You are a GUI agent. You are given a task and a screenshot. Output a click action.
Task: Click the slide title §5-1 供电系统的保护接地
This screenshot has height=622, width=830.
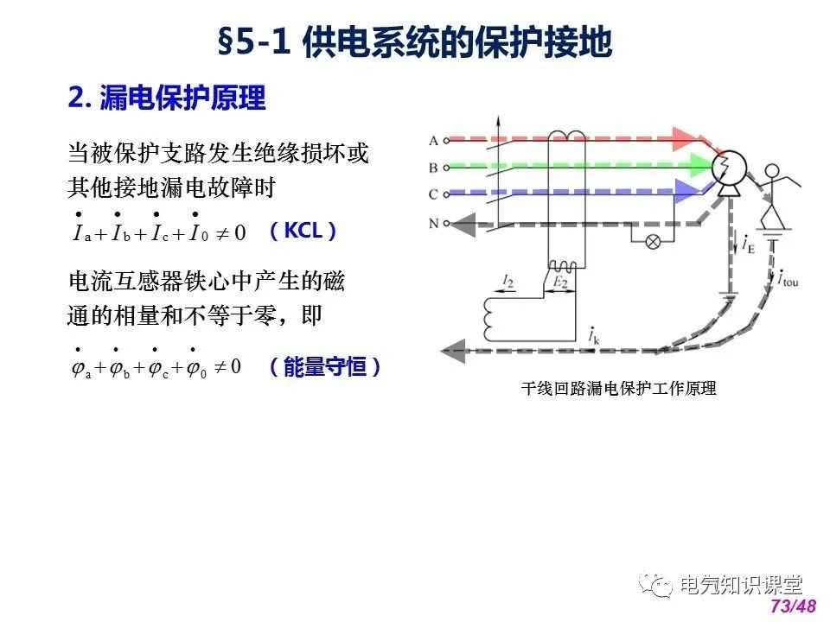[x=415, y=41]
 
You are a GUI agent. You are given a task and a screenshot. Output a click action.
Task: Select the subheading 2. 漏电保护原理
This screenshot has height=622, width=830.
[x=167, y=98]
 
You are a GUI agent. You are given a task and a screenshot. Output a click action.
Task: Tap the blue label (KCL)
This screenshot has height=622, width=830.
[x=303, y=231]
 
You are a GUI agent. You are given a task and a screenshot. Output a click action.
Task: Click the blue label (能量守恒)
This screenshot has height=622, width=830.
[x=324, y=366]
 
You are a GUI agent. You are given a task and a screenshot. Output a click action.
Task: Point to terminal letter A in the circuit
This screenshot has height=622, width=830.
[x=433, y=141]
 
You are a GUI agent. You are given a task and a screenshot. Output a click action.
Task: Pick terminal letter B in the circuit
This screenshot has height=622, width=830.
[x=433, y=168]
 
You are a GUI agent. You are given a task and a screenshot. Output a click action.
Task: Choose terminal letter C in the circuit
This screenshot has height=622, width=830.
[x=433, y=194]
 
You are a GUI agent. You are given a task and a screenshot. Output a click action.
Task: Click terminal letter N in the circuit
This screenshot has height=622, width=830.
[x=433, y=223]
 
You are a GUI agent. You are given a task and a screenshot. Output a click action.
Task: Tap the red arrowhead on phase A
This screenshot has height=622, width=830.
[x=686, y=139]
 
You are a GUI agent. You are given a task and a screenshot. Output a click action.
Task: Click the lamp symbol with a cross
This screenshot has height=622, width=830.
[x=654, y=242]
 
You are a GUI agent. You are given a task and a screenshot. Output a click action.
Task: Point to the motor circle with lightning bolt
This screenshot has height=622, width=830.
[x=729, y=168]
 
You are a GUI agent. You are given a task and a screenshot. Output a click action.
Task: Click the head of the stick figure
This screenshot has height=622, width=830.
[x=772, y=171]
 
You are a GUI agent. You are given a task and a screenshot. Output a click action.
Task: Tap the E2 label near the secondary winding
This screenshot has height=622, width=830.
[x=560, y=282]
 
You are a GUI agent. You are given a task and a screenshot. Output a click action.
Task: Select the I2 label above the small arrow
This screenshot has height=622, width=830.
[x=508, y=281]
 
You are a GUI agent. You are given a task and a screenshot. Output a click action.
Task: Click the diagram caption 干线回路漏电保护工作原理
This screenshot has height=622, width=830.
[x=618, y=388]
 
